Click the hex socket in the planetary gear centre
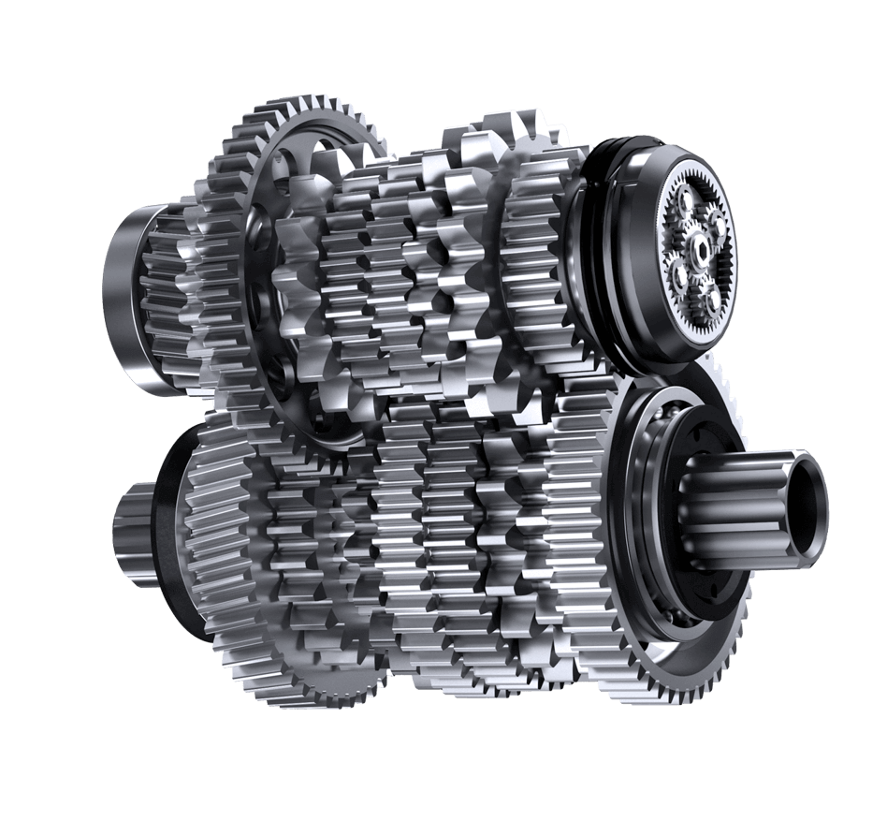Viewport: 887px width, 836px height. (700, 247)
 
